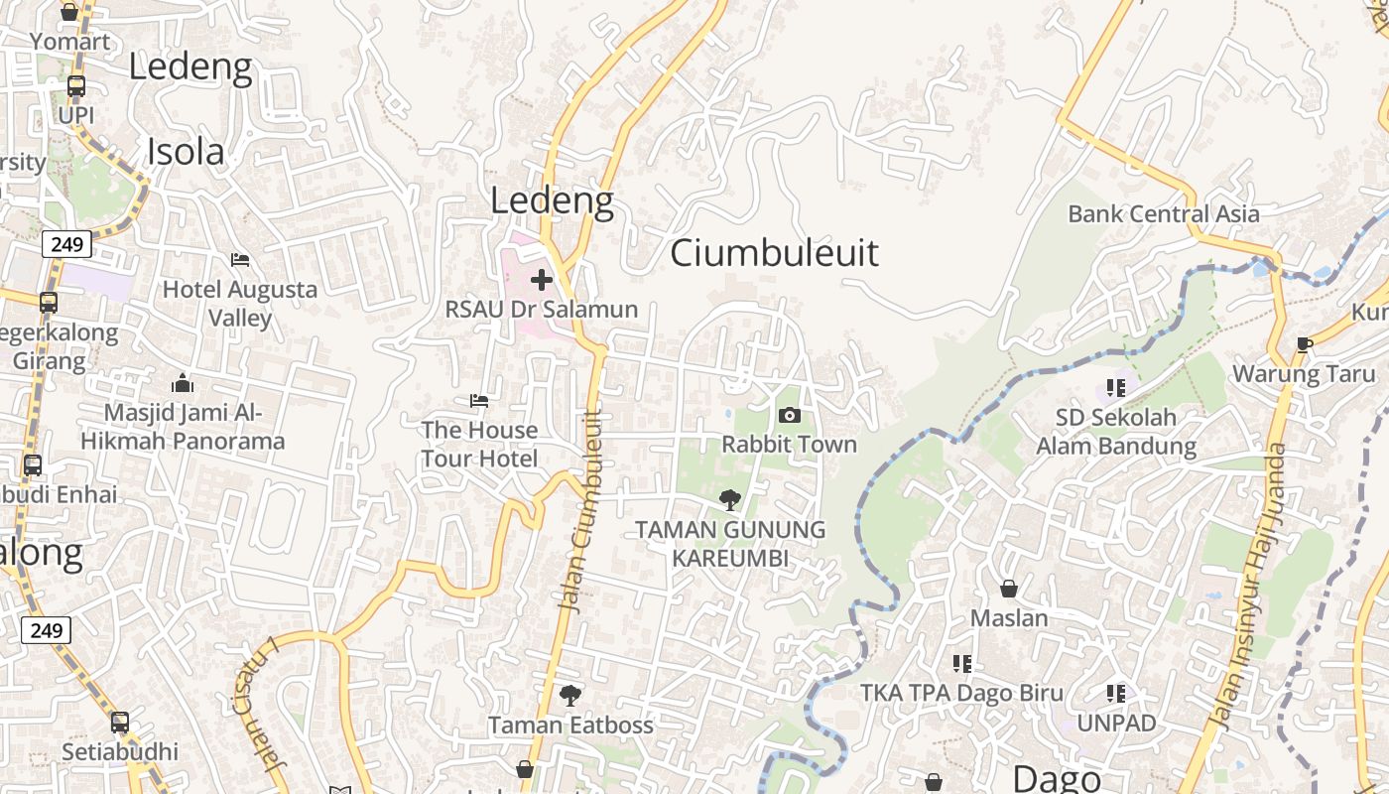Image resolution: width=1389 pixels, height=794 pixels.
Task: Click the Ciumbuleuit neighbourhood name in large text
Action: coord(774,253)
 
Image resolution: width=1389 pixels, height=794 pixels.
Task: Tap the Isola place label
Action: coord(186,152)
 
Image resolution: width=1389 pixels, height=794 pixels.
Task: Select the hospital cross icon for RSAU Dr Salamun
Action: coord(542,280)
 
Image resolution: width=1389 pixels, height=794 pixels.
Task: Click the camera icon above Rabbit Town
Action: coord(790,415)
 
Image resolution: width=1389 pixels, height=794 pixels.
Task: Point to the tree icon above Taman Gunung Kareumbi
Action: coord(730,500)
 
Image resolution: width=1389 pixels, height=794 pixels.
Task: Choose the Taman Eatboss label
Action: coord(570,726)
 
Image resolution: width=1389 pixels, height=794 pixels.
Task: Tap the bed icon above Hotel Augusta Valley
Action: coord(240,260)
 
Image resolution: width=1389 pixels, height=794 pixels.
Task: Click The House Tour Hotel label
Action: coord(479,444)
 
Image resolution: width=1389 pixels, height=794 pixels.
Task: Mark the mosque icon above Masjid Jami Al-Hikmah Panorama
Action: coord(183,384)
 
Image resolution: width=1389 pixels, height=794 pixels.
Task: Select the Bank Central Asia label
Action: coord(1164,213)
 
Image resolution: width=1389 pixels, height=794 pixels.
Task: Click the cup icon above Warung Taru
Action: coord(1305,344)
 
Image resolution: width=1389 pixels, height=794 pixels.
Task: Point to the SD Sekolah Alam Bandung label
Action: coord(1116,432)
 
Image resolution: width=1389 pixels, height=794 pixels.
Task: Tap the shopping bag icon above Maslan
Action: coord(1009,589)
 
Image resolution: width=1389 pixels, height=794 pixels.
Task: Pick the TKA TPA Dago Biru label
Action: coord(961,693)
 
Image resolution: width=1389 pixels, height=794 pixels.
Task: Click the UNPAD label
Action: coord(1116,723)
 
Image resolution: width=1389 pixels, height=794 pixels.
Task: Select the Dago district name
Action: coord(1057,779)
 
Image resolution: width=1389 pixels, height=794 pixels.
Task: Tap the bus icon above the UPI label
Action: coord(76,86)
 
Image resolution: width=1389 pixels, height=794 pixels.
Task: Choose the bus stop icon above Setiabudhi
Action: coord(120,723)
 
